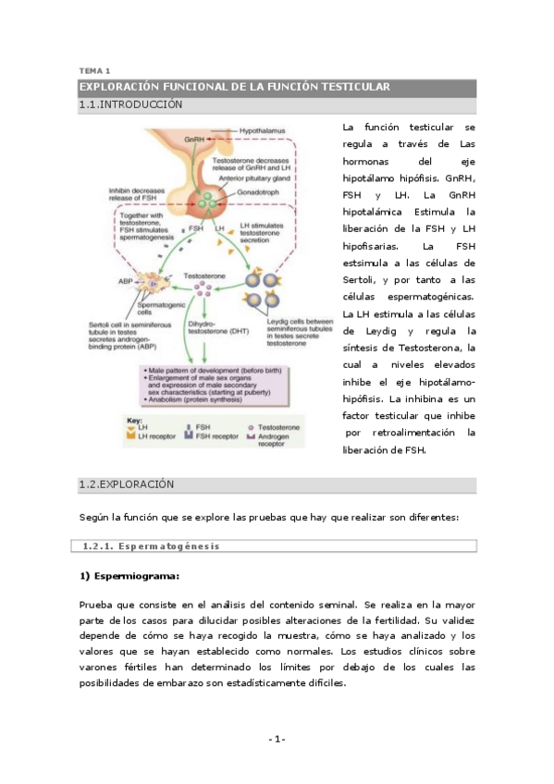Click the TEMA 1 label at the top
pos(94,70)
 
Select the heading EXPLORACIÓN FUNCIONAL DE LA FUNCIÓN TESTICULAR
pos(235,87)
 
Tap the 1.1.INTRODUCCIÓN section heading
pos(130,104)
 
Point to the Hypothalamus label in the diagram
pos(264,131)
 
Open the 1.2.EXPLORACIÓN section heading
pos(127,484)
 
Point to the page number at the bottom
pos(277,738)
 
